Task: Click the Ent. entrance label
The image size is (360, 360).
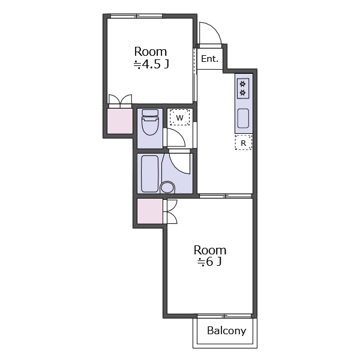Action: pyautogui.click(x=209, y=59)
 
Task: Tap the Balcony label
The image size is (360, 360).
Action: pyautogui.click(x=226, y=331)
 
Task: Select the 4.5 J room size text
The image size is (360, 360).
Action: pyautogui.click(x=151, y=64)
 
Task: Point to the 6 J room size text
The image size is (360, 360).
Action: pyautogui.click(x=209, y=262)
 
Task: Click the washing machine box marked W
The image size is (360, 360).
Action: pyautogui.click(x=180, y=118)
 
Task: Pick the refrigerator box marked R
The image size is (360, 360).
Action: pyautogui.click(x=244, y=143)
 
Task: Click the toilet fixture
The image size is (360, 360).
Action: pyautogui.click(x=150, y=122)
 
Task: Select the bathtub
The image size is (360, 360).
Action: pyautogui.click(x=149, y=174)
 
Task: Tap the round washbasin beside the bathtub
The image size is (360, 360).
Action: pyautogui.click(x=167, y=187)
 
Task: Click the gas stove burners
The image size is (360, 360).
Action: pyautogui.click(x=243, y=88)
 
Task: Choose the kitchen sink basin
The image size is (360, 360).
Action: pyautogui.click(x=243, y=118)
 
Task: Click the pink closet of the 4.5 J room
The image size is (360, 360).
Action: pyautogui.click(x=120, y=121)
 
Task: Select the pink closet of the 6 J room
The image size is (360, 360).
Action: pyautogui.click(x=150, y=211)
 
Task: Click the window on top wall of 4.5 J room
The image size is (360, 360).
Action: pyautogui.click(x=137, y=16)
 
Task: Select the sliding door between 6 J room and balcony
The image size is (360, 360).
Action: pyautogui.click(x=224, y=316)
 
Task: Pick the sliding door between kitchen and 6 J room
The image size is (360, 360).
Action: pyautogui.click(x=226, y=196)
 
